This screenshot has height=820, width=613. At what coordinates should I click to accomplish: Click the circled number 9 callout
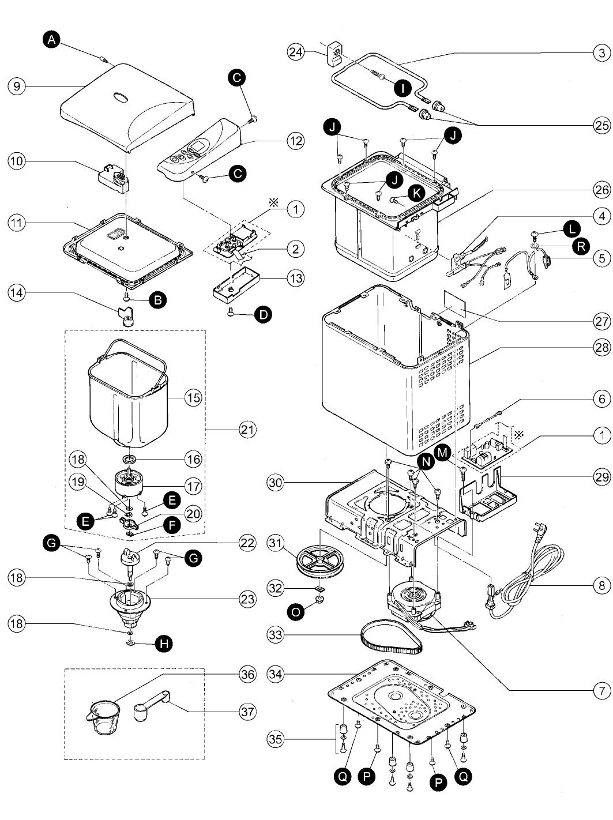click(17, 86)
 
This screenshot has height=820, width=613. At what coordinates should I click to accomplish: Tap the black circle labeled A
click(51, 39)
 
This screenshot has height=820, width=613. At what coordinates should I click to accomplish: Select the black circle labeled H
click(164, 644)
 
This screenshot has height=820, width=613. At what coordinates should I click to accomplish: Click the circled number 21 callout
click(247, 430)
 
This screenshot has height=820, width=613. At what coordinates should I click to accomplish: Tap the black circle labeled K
click(416, 193)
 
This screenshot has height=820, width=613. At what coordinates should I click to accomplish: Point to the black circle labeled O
click(295, 612)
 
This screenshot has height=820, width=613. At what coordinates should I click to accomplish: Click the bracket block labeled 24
click(336, 54)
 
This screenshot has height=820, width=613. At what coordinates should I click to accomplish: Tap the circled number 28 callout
click(602, 347)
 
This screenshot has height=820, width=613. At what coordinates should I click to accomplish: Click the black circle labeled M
click(443, 453)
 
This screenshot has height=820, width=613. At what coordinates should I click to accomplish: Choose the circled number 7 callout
click(602, 690)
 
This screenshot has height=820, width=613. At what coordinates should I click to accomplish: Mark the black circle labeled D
click(263, 314)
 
